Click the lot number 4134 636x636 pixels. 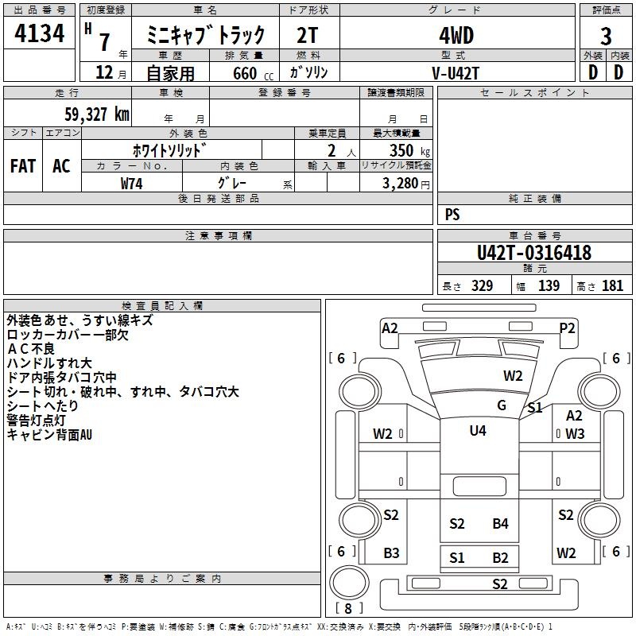39,33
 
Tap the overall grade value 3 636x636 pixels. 606,37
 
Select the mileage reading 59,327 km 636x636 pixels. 97,114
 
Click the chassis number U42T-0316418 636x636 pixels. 534,253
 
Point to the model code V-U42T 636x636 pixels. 456,73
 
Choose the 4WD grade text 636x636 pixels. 456,36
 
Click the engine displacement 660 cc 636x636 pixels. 253,74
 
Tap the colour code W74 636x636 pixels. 131,184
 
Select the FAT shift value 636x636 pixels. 23,166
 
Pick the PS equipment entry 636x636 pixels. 452,214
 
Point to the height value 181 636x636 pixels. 612,286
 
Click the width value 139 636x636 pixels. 549,286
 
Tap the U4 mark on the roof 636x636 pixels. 478,430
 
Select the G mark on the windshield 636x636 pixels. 502,405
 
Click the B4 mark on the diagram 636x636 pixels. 500,524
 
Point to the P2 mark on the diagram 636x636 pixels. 567,328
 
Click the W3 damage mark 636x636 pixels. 575,434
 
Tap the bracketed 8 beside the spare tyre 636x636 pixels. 348,608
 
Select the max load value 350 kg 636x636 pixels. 409,150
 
